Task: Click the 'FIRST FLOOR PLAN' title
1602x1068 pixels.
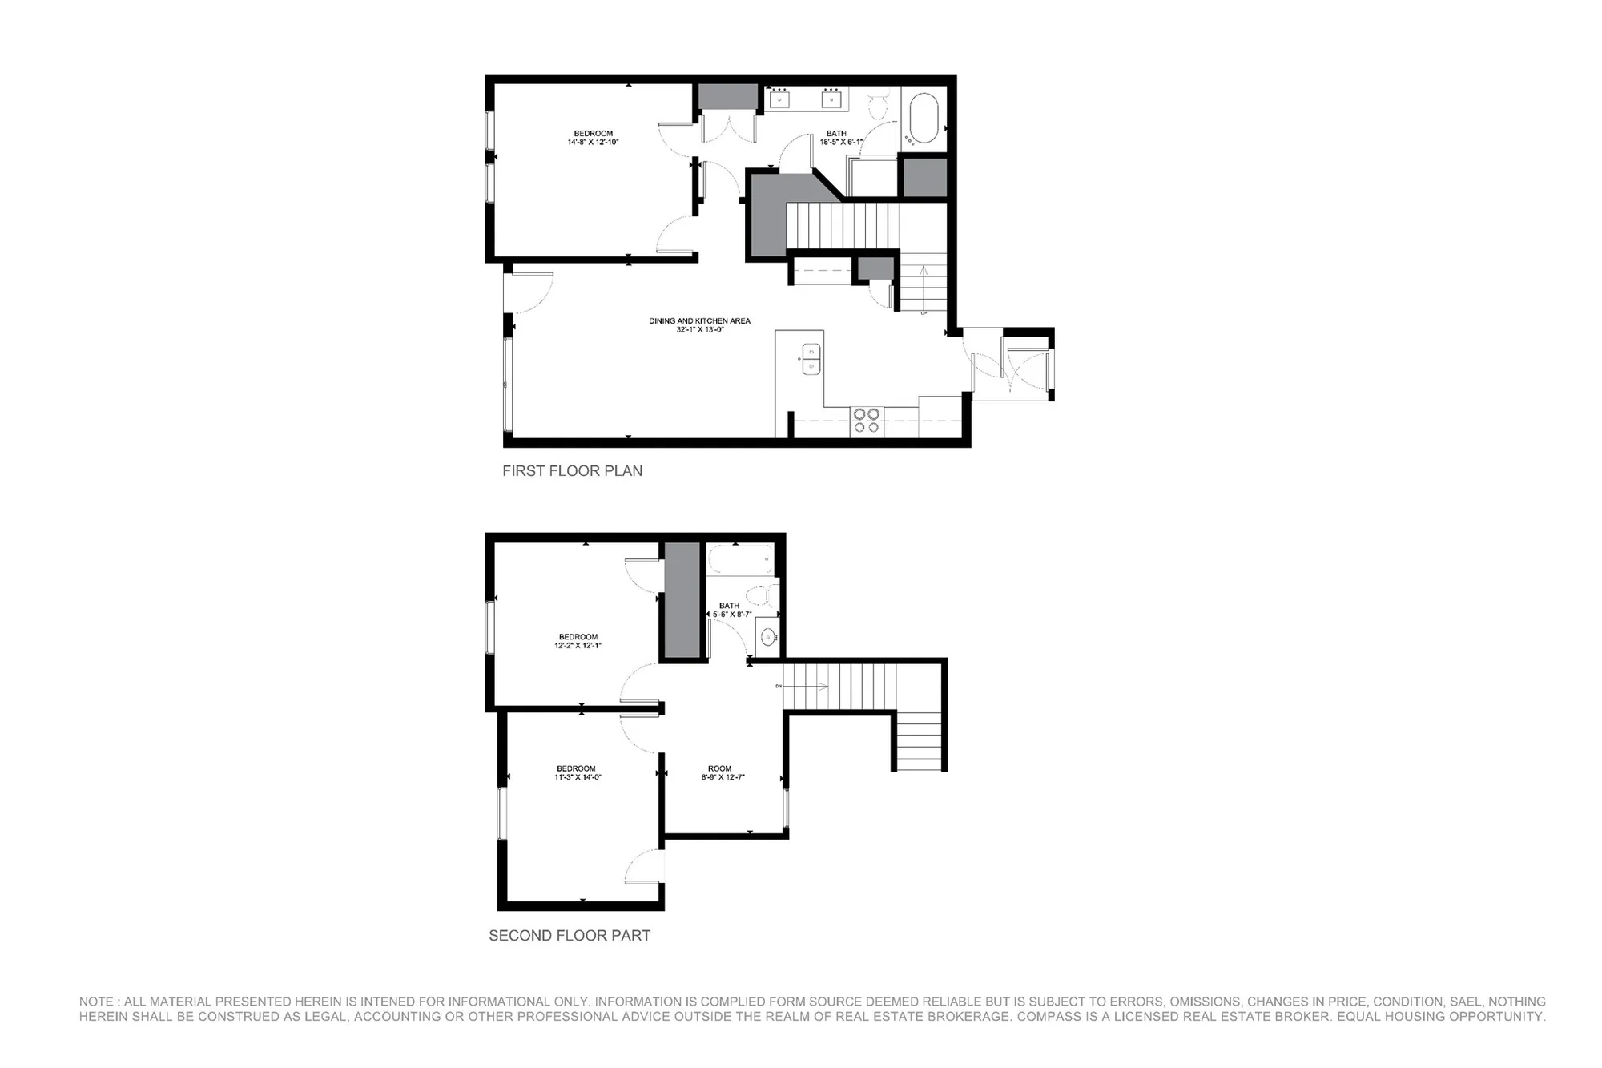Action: (x=572, y=471)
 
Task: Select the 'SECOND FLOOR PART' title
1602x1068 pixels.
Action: (x=570, y=935)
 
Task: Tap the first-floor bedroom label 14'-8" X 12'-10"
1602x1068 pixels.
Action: (x=593, y=138)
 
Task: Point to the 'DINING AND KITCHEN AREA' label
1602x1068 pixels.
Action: (x=699, y=324)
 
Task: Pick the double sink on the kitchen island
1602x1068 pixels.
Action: (x=811, y=358)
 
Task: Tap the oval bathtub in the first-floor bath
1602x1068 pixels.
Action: (x=924, y=119)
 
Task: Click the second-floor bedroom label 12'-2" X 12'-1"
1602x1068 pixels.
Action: (x=578, y=641)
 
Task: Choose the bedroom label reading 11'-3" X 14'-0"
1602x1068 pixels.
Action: (x=577, y=772)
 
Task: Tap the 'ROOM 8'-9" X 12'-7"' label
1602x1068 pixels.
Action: (x=719, y=772)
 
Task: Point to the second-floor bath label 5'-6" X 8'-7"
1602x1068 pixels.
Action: (x=731, y=610)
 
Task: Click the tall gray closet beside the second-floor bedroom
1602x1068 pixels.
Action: (x=682, y=601)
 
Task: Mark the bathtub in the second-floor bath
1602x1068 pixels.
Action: (x=740, y=559)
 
